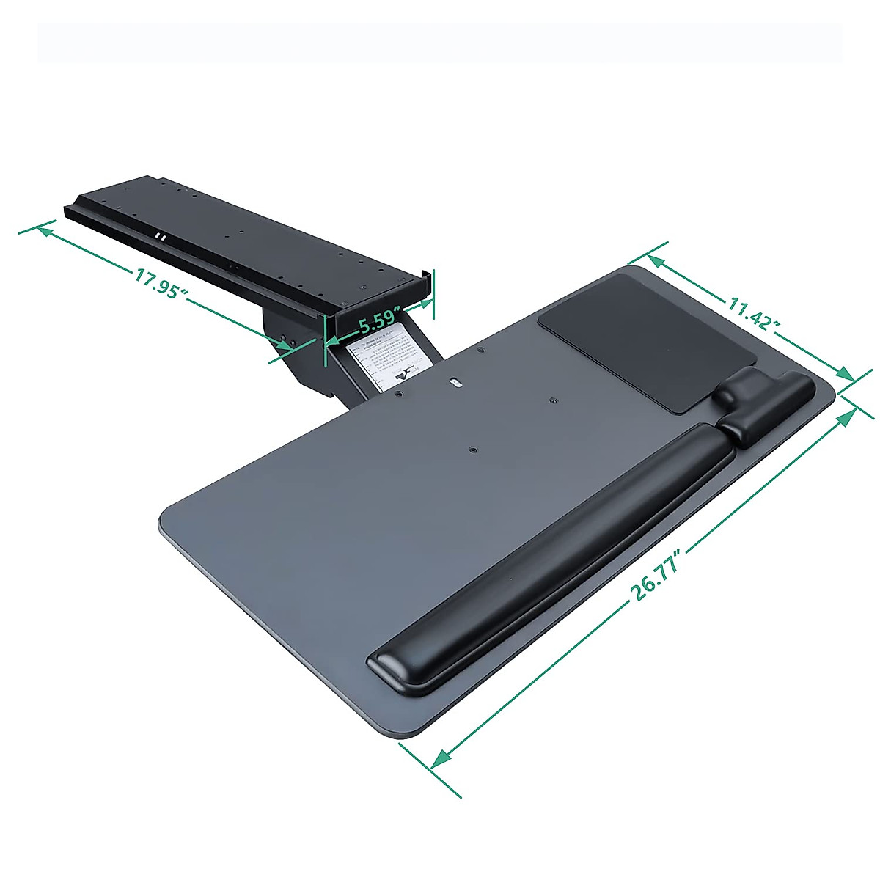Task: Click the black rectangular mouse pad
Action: pyautogui.click(x=648, y=341)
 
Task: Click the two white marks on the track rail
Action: pyautogui.click(x=160, y=237)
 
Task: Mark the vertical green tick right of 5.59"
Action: pyautogui.click(x=433, y=293)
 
